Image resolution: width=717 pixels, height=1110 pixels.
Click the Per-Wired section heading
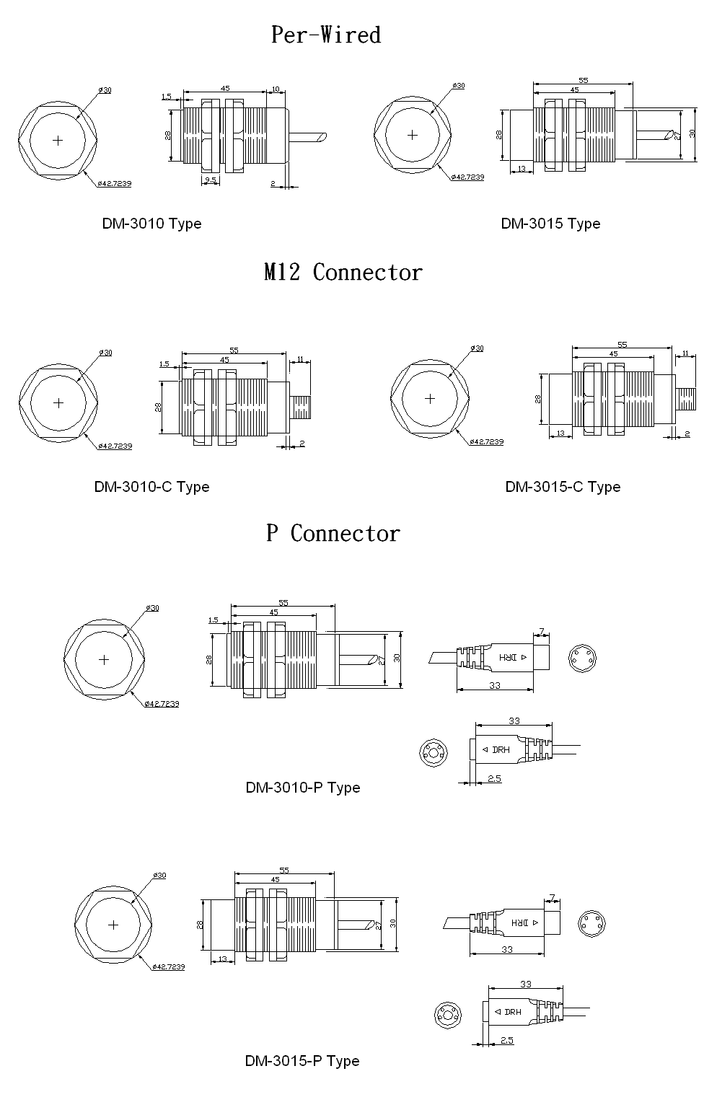click(325, 35)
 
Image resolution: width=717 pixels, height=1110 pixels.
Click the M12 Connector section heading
click(343, 273)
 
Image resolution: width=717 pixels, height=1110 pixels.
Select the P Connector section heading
click(333, 534)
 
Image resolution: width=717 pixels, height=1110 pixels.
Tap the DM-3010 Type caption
click(151, 224)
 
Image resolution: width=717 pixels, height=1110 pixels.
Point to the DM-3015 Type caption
click(550, 224)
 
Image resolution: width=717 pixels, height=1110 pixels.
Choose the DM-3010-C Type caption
click(151, 487)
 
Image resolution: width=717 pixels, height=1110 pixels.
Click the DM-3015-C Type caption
click(563, 487)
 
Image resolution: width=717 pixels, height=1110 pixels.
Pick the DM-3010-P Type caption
click(302, 788)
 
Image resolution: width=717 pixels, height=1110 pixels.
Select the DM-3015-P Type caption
click(302, 1061)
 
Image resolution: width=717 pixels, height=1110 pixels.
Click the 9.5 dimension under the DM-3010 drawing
click(211, 180)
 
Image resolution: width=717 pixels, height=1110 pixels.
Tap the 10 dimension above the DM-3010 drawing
click(275, 89)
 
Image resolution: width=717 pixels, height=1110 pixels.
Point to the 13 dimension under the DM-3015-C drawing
click(560, 433)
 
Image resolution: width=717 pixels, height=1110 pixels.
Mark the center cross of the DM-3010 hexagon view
click(58, 140)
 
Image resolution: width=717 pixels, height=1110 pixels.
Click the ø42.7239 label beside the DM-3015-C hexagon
click(486, 442)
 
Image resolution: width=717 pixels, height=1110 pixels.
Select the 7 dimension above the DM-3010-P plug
click(542, 632)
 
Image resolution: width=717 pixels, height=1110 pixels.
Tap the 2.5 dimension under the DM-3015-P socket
click(506, 1041)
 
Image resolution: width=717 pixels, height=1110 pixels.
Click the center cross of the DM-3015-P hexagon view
click(113, 925)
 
